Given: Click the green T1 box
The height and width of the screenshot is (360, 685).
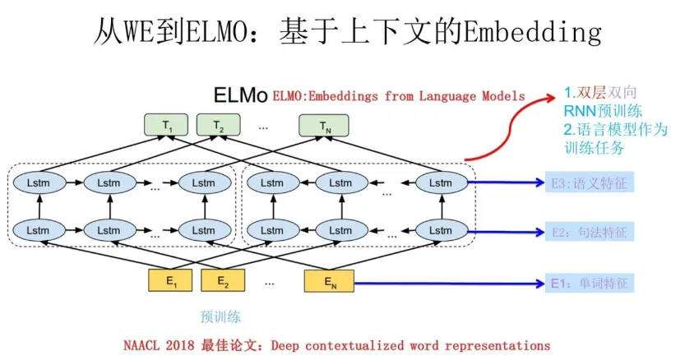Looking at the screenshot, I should pos(169,126).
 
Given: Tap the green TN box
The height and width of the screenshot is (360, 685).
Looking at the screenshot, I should pos(324,126).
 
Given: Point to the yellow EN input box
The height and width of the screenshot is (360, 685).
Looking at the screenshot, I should pos(329,281).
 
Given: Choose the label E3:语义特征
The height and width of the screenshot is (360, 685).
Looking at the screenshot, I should pos(589,183).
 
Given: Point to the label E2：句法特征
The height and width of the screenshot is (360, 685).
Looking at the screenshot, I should pos(589,233).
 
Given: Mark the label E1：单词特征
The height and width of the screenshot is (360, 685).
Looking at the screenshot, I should pos(589,284).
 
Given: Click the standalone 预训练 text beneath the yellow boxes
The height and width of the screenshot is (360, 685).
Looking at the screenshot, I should pos(220,316).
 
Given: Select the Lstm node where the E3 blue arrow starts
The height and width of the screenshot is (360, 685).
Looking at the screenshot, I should pos(441,182).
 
